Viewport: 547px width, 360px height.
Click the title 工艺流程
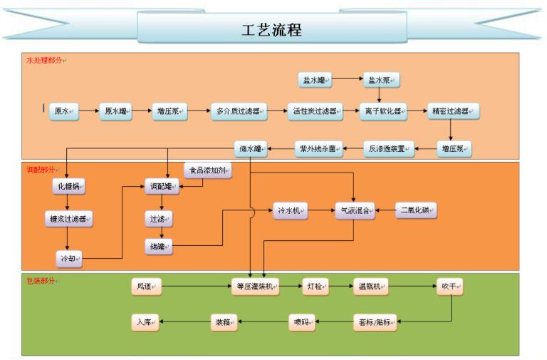(273, 29)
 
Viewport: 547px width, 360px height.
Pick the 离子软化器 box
(382, 110)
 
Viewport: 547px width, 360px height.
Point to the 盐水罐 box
(314, 80)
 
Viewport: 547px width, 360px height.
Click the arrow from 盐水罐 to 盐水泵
(347, 80)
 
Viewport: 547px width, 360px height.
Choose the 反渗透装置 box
(389, 149)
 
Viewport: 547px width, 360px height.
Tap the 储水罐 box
(251, 149)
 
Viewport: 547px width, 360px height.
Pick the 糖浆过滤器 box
(68, 220)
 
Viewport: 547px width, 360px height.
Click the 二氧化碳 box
(416, 210)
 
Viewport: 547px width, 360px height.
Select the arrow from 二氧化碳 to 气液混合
(385, 210)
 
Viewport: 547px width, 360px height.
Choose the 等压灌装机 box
(255, 287)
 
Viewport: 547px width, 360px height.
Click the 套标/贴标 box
(375, 322)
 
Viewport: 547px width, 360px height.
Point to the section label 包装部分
(42, 281)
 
